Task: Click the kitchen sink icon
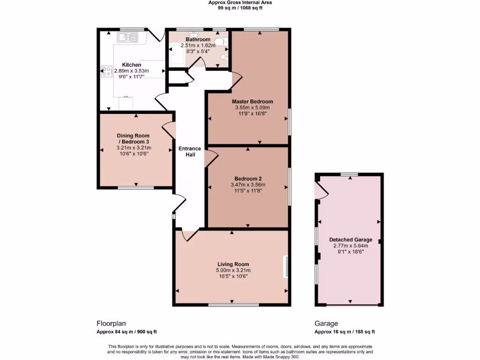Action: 127,37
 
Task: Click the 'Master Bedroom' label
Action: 252,101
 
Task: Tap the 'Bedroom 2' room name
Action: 248,178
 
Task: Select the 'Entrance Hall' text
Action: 190,151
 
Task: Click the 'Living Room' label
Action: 233,264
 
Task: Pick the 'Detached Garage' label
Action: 350,240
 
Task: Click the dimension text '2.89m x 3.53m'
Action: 131,71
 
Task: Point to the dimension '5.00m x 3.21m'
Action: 233,270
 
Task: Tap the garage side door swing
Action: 321,189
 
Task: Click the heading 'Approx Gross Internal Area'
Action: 240,2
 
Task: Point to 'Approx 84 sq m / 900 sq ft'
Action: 127,332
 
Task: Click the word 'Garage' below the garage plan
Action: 326,323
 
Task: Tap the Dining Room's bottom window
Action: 135,188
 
